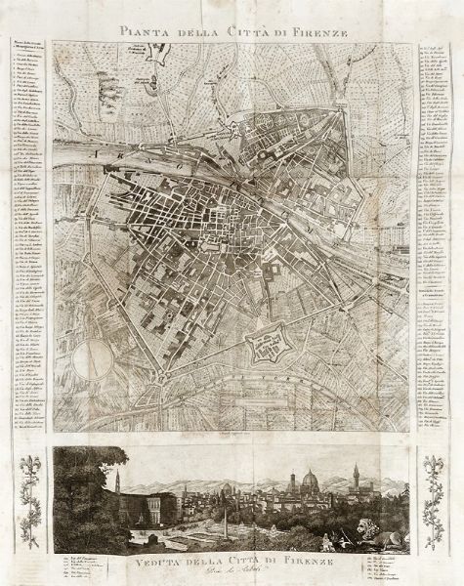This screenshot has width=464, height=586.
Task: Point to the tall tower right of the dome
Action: point(356,481)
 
